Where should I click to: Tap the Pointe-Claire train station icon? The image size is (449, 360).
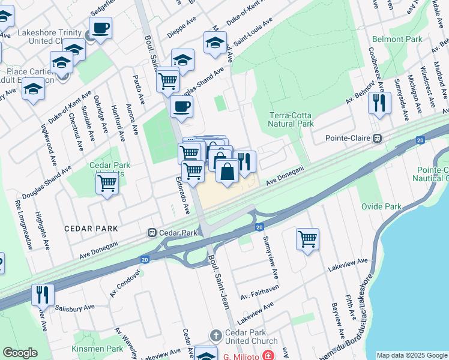[378, 138]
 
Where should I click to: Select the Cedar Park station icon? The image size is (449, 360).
[152, 232]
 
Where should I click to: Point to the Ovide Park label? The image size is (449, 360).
[381, 206]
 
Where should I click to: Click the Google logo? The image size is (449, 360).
[20, 353]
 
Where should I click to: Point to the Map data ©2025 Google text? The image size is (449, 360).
[412, 355]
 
